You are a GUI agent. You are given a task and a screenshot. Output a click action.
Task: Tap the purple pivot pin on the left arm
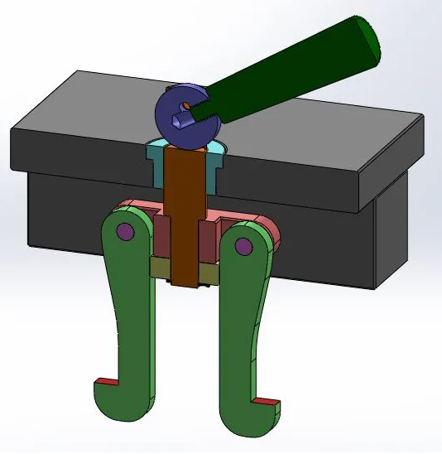point(125,231)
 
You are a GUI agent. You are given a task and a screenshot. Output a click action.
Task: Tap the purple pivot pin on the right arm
point(243,246)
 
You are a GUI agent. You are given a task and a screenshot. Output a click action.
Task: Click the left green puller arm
point(128,315)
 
